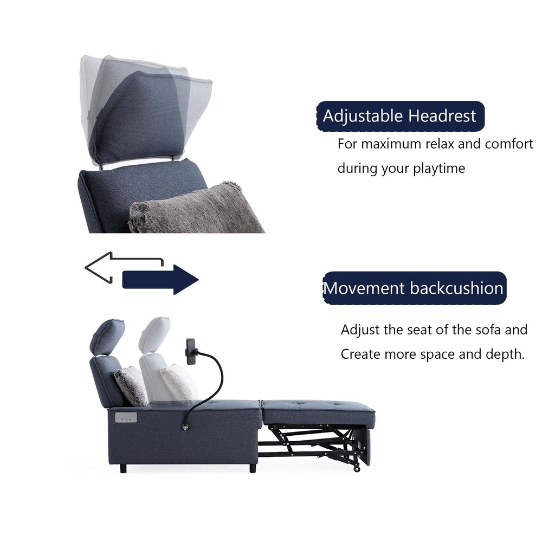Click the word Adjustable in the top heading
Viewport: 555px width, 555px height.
point(363,116)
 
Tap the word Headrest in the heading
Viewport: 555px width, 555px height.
point(442,116)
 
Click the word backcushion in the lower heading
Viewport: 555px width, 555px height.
point(457,288)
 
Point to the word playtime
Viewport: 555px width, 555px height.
point(439,169)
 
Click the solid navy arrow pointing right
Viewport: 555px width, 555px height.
point(160,280)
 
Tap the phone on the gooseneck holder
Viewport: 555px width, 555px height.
point(191,351)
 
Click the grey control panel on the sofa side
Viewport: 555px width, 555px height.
point(126,417)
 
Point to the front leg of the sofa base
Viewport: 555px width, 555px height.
point(253,468)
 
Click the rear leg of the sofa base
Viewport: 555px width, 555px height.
point(124,468)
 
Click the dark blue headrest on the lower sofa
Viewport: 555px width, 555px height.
point(107,336)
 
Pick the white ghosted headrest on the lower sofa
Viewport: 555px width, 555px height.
point(154,334)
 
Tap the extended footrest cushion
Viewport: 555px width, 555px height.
point(318,413)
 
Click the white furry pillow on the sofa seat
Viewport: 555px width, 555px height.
point(178,382)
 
